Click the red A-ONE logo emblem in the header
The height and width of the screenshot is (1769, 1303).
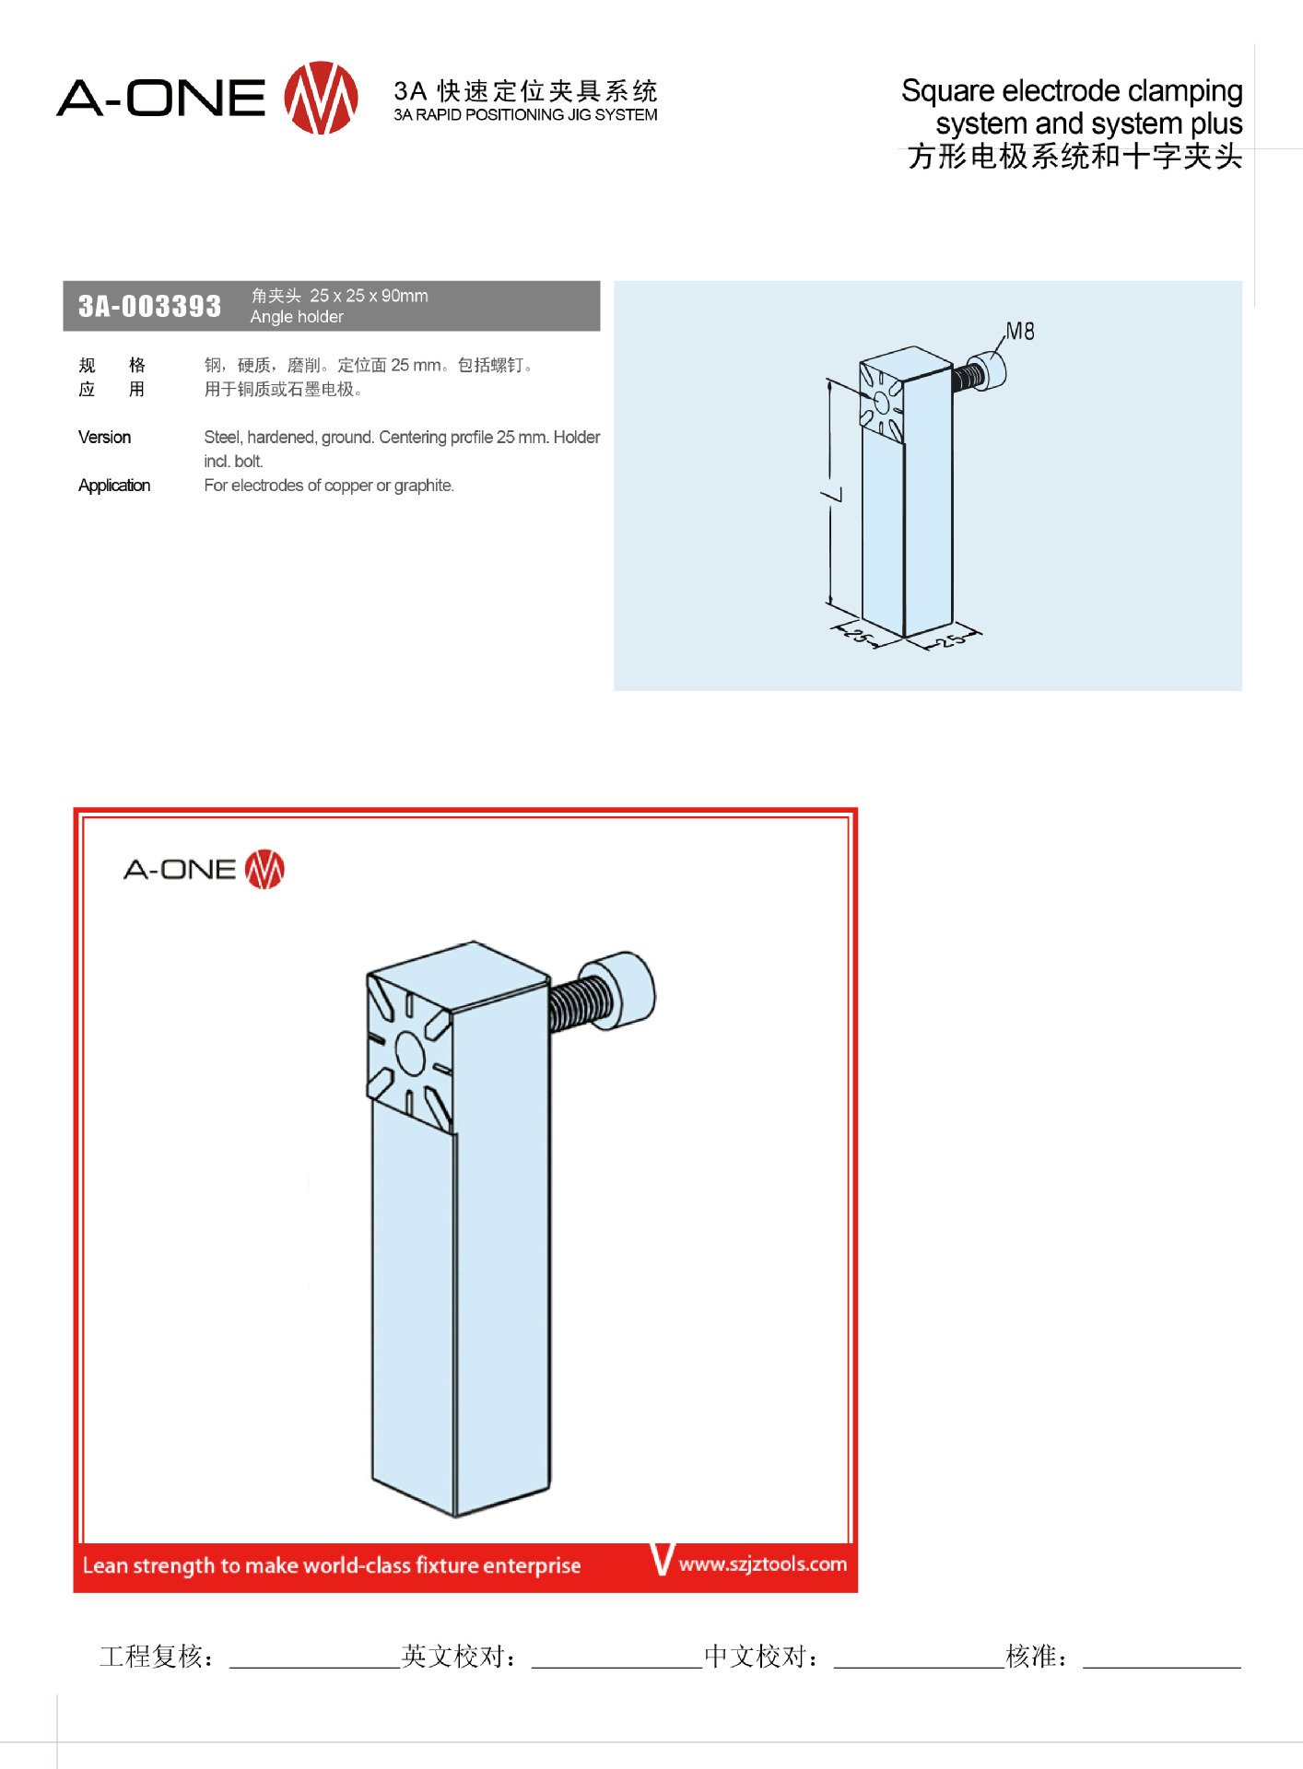tap(321, 98)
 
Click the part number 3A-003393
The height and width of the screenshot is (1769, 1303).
tap(149, 306)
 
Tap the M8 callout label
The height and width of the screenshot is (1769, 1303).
tap(1020, 331)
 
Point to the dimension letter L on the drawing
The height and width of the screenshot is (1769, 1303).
tap(832, 495)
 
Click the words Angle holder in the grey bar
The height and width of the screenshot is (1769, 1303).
tap(297, 317)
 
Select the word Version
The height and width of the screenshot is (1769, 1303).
tap(104, 437)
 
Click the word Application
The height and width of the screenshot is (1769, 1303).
tap(114, 486)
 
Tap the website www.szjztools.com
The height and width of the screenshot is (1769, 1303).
tap(763, 1564)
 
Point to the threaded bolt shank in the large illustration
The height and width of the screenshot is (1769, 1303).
tap(579, 1003)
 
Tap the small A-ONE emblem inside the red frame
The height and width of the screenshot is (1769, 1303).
tap(264, 869)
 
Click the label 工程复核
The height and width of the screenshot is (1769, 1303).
tap(157, 1657)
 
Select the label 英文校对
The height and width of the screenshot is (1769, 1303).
tap(459, 1657)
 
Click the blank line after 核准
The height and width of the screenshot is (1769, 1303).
tap(1162, 1667)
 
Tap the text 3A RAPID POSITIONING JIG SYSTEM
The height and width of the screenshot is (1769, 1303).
tap(525, 115)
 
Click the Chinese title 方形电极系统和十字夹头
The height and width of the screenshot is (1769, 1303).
tap(1074, 157)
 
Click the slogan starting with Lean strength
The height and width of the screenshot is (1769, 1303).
tap(332, 1565)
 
